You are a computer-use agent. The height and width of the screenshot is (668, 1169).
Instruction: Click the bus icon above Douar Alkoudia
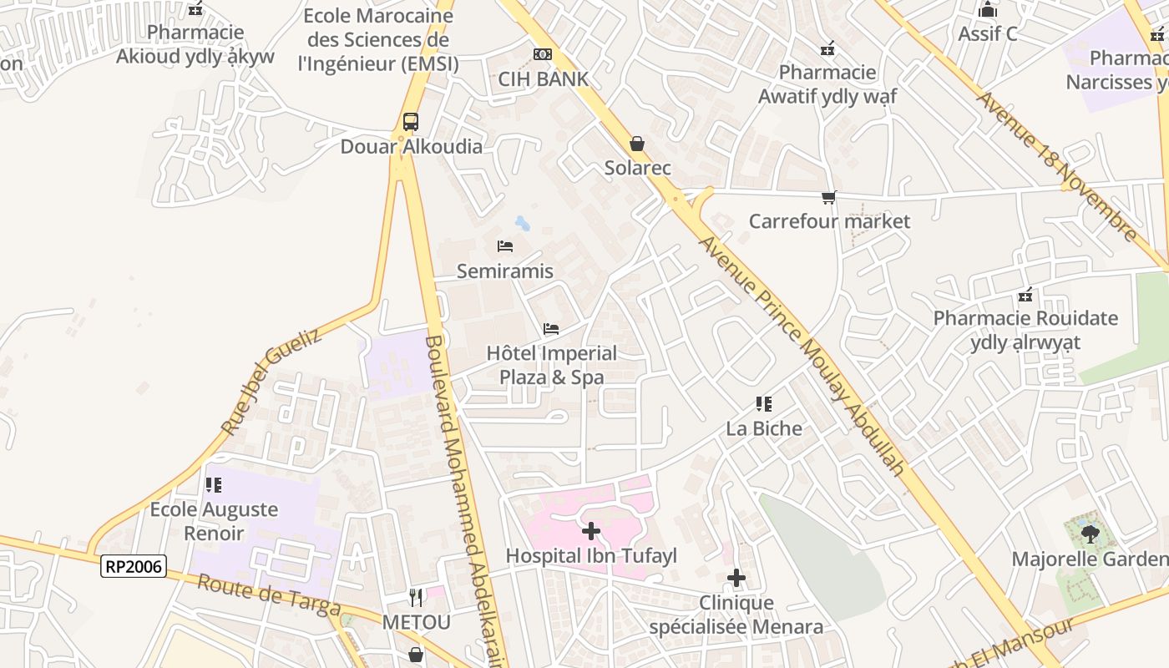(x=411, y=122)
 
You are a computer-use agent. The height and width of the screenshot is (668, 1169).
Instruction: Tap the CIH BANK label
(x=544, y=79)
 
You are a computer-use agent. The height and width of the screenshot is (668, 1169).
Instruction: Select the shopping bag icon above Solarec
(x=637, y=144)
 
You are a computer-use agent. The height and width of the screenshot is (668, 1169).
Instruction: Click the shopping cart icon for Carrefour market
(x=828, y=198)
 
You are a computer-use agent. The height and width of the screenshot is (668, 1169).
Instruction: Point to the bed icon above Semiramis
(x=505, y=246)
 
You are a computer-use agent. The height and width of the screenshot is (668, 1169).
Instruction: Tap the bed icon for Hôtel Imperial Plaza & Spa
(x=551, y=329)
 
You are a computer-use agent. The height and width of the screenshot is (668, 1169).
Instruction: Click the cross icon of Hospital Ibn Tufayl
(x=591, y=531)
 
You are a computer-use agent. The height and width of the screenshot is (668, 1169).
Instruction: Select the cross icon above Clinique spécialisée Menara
(x=736, y=577)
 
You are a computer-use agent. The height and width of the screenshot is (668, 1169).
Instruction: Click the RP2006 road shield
(x=134, y=566)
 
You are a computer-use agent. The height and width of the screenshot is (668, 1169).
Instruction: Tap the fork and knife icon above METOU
(x=416, y=598)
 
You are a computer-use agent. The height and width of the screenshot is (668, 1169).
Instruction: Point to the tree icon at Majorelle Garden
(x=1089, y=534)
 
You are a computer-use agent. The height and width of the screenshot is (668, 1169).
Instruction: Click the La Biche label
(x=764, y=429)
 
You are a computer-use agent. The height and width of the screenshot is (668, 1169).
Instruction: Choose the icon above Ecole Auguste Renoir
(x=214, y=484)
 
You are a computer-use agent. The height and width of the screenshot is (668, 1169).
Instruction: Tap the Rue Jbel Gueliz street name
(x=271, y=382)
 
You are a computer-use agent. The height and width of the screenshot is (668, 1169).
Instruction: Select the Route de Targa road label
(x=269, y=595)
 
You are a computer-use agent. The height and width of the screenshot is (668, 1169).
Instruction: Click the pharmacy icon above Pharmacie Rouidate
(x=1025, y=295)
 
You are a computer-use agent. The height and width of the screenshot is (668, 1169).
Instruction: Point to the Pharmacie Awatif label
(x=827, y=84)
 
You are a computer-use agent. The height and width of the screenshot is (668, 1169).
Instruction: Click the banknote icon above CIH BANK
(x=543, y=54)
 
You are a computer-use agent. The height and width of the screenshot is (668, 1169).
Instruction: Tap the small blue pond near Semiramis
(x=523, y=224)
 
